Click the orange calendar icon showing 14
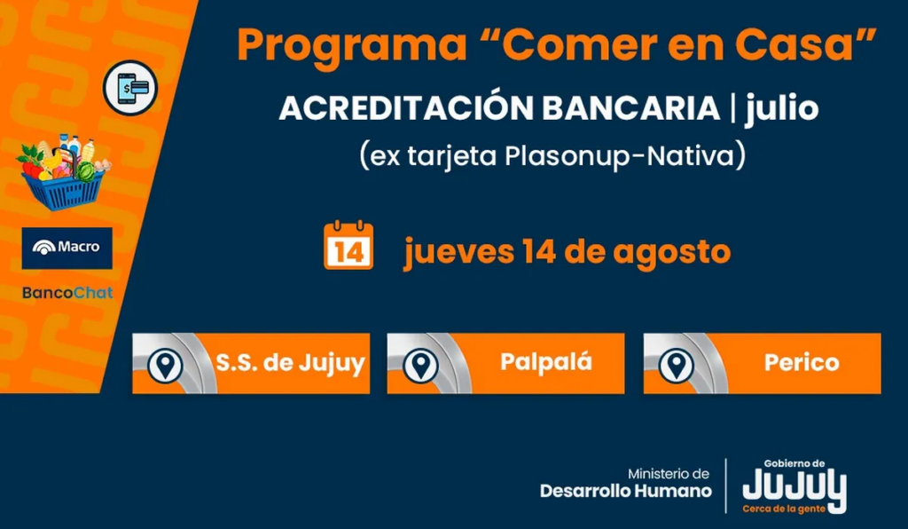348,245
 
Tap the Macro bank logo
67,248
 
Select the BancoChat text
67,293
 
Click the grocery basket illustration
63,172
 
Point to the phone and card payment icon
130,88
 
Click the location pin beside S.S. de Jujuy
166,365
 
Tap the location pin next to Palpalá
420,365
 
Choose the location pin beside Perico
677,365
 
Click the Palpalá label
546,361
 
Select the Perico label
802,363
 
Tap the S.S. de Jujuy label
290,364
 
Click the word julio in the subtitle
782,108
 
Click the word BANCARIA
631,108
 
